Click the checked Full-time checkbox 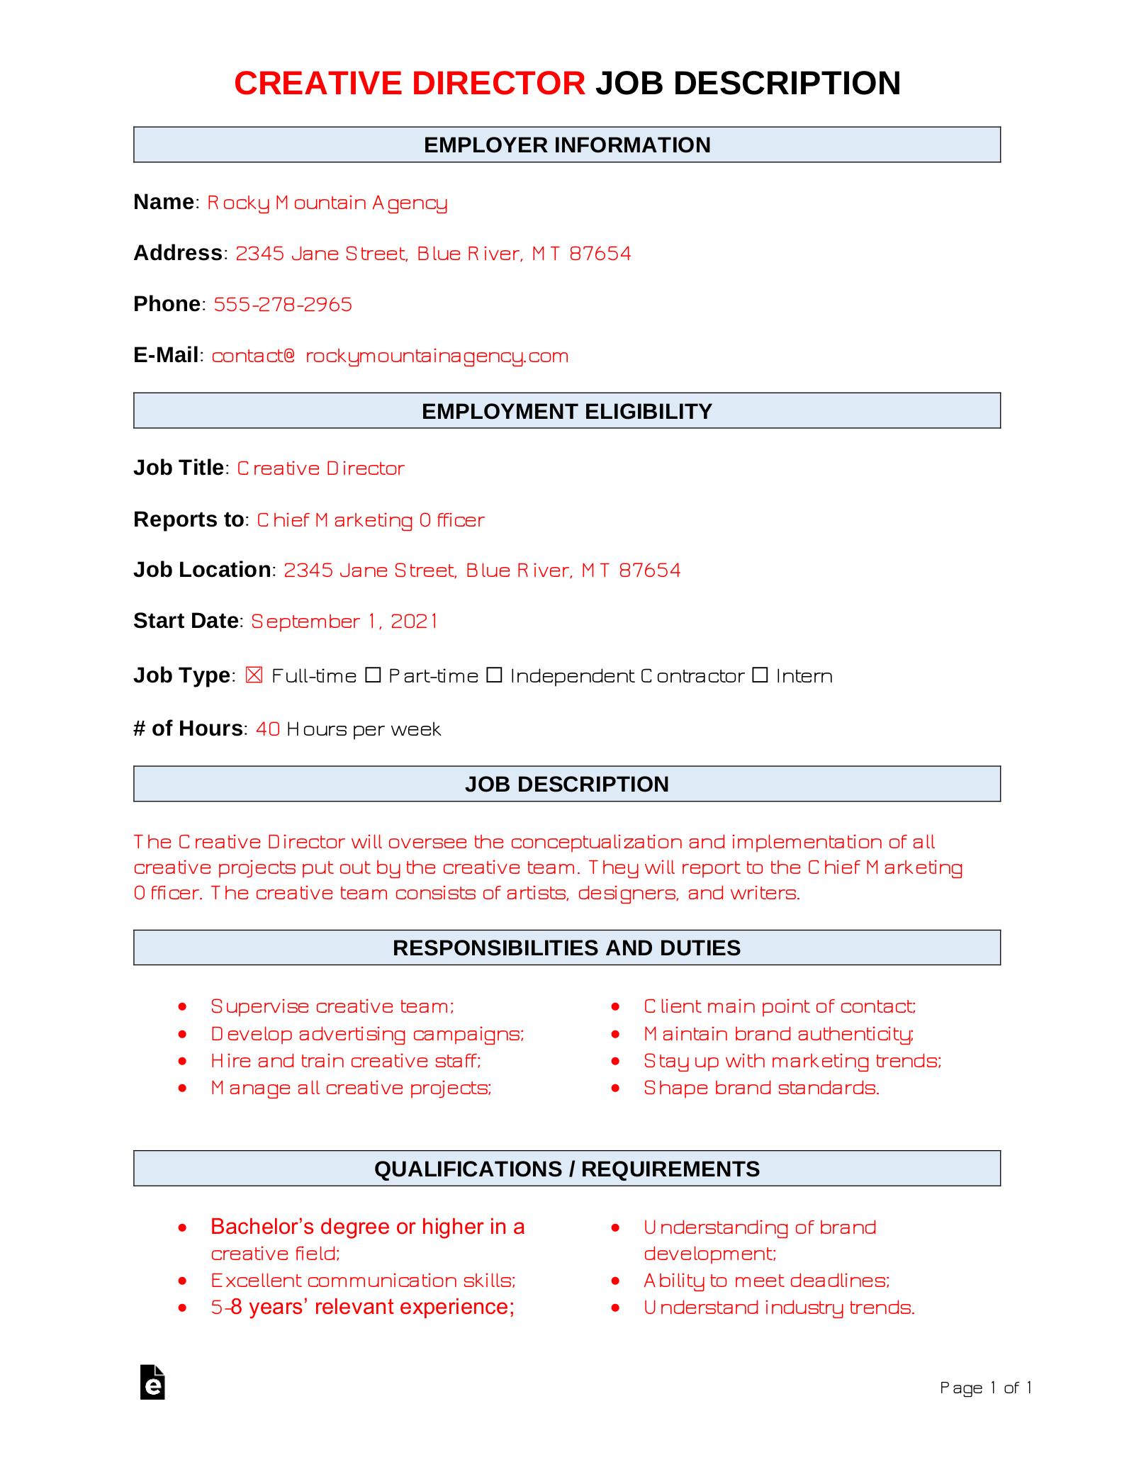click(x=254, y=675)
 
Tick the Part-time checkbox click(x=373, y=675)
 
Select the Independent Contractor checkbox click(x=494, y=675)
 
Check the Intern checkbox click(x=760, y=675)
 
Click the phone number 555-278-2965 click(x=283, y=305)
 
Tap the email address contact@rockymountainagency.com click(x=390, y=356)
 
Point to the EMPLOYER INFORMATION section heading click(x=567, y=145)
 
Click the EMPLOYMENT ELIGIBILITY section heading click(x=567, y=411)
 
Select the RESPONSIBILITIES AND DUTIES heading click(x=567, y=948)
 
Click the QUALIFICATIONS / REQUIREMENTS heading click(x=567, y=1169)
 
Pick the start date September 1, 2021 click(x=344, y=622)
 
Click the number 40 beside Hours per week click(x=268, y=729)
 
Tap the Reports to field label click(x=189, y=519)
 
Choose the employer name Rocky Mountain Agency click(x=327, y=203)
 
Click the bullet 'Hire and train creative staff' click(x=346, y=1061)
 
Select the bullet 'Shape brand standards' click(x=761, y=1088)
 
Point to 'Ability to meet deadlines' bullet click(x=766, y=1281)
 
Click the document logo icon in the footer click(x=152, y=1382)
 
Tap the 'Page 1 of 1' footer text click(x=985, y=1388)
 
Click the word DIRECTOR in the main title click(x=498, y=84)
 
